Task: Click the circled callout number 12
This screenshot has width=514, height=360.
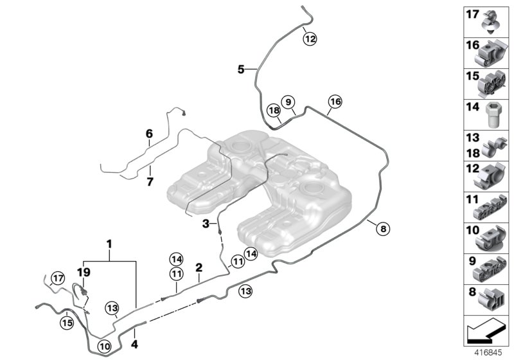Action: coord(310,39)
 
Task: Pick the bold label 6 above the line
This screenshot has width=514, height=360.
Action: coord(149,134)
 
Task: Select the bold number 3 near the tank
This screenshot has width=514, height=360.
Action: coord(206,223)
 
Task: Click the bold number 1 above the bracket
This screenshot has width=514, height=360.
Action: coord(109,244)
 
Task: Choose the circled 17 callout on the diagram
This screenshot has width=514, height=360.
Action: coord(58,278)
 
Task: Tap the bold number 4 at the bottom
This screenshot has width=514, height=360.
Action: coord(134,334)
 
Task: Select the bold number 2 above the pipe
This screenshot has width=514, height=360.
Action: coord(199,266)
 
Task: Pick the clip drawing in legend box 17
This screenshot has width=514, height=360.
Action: coord(492,21)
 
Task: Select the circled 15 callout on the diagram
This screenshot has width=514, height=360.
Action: coord(66,323)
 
